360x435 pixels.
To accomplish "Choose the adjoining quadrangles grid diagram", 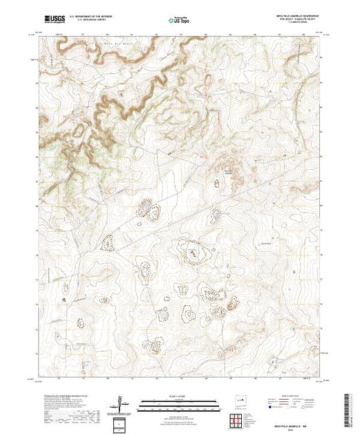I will click(x=238, y=419).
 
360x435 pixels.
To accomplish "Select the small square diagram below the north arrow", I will click(x=122, y=423).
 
